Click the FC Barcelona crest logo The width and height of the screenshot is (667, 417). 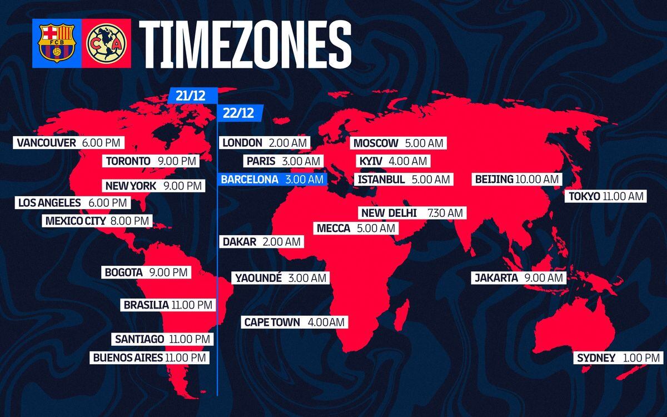coord(56,43)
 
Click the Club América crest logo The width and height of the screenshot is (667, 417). coord(106,43)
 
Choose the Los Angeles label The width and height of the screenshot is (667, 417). coord(72,203)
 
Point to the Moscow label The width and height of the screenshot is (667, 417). coord(398,143)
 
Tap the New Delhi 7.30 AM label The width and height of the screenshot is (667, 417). coord(411,213)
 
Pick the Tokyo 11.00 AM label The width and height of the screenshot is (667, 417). coord(605,196)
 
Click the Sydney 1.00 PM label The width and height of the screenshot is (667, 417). coord(618,358)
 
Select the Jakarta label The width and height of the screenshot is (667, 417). coord(519,277)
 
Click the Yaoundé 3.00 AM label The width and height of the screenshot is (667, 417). coord(281,277)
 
